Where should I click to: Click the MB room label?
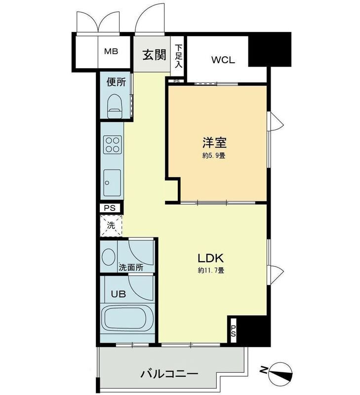(x=110, y=51)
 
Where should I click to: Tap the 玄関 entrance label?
(x=154, y=55)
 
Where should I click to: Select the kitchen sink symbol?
(x=112, y=182)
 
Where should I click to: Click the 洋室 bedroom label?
(x=214, y=143)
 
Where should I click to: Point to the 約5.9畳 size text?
(x=214, y=156)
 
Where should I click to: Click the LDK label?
(x=211, y=258)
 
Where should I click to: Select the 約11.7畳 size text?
(x=211, y=270)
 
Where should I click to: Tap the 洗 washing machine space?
(x=111, y=225)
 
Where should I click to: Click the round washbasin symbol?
(x=108, y=257)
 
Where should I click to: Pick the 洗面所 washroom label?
(x=131, y=268)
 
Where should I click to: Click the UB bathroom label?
(x=118, y=294)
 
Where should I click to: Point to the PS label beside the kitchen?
(x=111, y=208)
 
